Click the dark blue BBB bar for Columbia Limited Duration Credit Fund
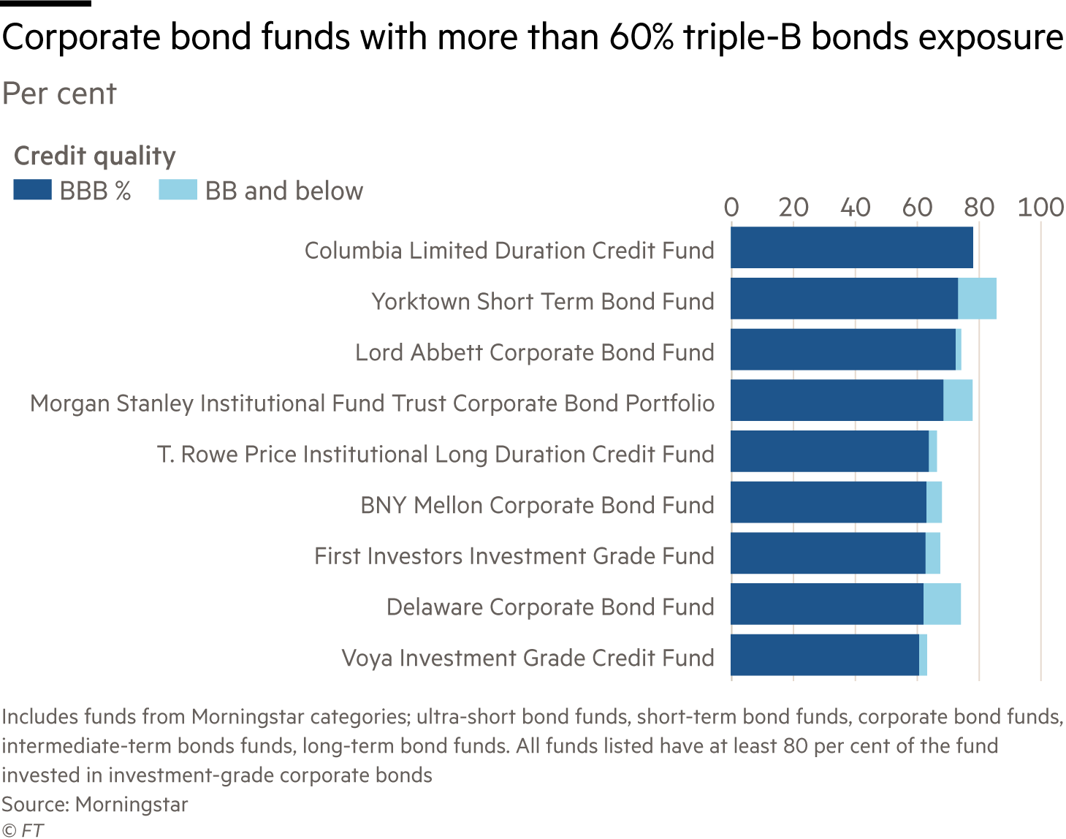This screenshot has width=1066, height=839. tap(851, 247)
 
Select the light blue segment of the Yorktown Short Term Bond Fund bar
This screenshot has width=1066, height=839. tap(977, 298)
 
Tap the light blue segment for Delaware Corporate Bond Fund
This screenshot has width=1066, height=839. tap(942, 604)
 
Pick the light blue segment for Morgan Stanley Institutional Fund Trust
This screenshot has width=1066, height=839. tap(958, 400)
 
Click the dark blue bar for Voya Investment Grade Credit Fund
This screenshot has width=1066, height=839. tap(825, 655)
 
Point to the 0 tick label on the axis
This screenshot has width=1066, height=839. tap(731, 207)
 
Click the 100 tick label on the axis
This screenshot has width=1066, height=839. tap(1040, 207)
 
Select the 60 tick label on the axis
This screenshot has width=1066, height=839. tap(917, 207)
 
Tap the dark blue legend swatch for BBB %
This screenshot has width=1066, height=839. tap(32, 189)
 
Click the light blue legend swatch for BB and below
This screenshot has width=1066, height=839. tap(178, 189)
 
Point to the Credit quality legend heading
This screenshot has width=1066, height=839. tap(94, 156)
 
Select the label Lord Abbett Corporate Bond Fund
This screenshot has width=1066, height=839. tap(535, 352)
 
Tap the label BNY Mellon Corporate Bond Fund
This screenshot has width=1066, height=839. tap(537, 505)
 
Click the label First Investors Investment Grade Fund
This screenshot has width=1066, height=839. tap(514, 555)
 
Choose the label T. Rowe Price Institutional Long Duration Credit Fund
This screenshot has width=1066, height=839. tap(435, 455)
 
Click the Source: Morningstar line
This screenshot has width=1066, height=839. tap(94, 805)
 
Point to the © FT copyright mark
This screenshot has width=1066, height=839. tap(23, 830)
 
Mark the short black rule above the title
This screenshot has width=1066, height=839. tap(45, 3)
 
